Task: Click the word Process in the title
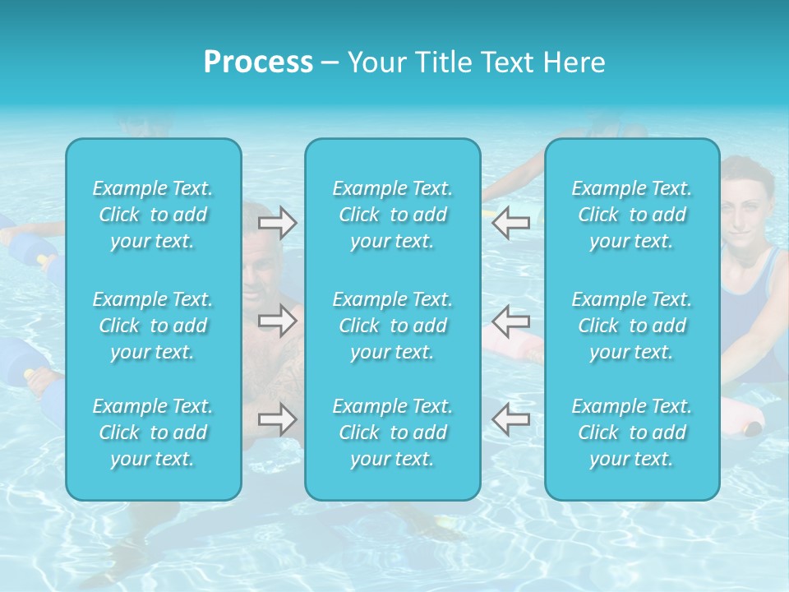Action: pos(258,62)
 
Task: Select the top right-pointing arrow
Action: pos(277,223)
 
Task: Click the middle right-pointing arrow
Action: pos(277,321)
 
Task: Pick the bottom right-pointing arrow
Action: pos(277,419)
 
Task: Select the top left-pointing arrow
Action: pos(510,223)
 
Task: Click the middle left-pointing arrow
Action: pos(510,321)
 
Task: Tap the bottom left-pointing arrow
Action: pos(510,419)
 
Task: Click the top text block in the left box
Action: pos(153,215)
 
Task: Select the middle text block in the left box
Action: pos(153,326)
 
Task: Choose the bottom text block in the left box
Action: pos(153,432)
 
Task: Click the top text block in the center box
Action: pos(393,215)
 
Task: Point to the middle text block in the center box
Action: pos(393,326)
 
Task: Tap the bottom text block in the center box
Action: pos(393,432)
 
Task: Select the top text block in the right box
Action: pos(632,215)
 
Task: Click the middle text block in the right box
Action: pos(632,326)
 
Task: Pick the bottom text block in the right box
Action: pos(632,432)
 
